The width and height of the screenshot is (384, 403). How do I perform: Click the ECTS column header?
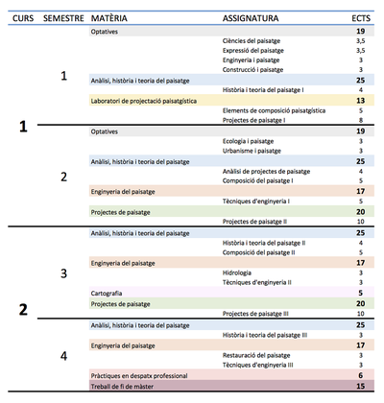(x=359, y=18)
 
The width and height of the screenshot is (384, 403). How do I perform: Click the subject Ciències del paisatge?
(x=251, y=41)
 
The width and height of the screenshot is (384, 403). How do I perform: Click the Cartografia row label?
(x=107, y=292)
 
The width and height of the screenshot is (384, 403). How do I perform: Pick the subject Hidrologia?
(x=236, y=272)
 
